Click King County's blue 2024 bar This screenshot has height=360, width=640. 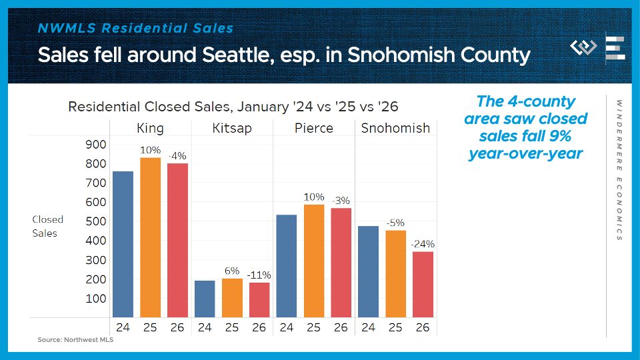123,244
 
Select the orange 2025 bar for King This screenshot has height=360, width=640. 150,237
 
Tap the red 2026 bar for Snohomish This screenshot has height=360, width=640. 423,284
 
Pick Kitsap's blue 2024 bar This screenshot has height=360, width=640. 205,299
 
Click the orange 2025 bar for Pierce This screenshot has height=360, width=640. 314,261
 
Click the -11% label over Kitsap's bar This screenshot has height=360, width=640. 259,275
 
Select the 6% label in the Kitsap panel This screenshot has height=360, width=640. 232,271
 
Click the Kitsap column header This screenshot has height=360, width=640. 232,128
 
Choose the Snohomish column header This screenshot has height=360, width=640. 395,128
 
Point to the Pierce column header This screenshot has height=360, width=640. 314,128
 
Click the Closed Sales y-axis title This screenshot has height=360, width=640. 48,226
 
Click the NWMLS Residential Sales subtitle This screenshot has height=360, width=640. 136,28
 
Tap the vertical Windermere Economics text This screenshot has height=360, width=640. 619,170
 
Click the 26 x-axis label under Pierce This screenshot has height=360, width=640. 341,327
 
